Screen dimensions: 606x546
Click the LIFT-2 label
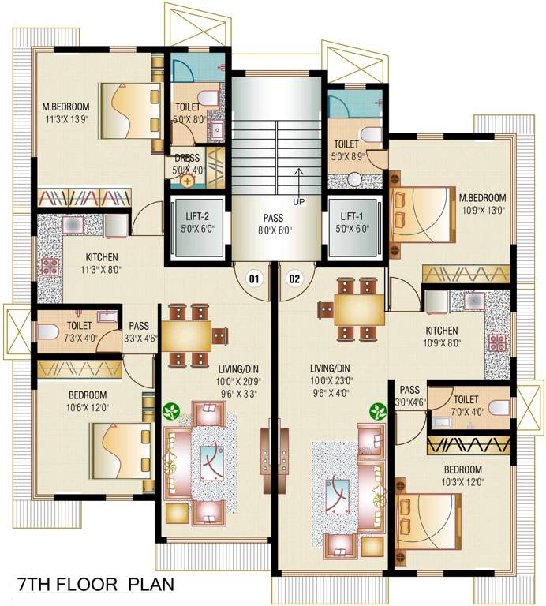(196, 216)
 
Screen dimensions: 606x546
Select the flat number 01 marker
(254, 278)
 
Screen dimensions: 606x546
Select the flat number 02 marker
(295, 278)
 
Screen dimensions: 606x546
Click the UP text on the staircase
(298, 201)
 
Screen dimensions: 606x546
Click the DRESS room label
(186, 158)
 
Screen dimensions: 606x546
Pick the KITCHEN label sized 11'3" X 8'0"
(103, 257)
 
